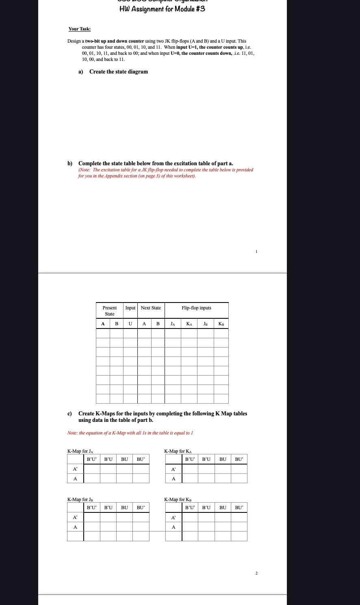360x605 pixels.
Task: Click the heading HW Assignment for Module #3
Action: [162, 9]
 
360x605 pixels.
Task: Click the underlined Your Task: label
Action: [80, 29]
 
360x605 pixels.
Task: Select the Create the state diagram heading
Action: [118, 72]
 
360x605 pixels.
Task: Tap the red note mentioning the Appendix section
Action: [165, 173]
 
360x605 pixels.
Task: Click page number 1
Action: [256, 252]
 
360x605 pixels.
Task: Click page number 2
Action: [256, 573]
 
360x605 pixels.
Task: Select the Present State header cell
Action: [110, 311]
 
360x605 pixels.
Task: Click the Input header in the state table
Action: [130, 308]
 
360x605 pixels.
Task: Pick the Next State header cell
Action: [151, 308]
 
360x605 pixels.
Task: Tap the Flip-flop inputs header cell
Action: [196, 308]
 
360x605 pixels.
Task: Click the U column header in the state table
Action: [130, 324]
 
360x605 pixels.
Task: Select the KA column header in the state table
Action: [189, 324]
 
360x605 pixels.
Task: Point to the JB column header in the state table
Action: [206, 324]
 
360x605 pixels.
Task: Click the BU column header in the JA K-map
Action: [124, 459]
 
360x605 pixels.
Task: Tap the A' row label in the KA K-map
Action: [173, 469]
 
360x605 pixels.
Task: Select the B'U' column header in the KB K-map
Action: [190, 508]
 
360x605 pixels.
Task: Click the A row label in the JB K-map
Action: [75, 527]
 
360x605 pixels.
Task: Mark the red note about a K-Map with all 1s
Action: [130, 433]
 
